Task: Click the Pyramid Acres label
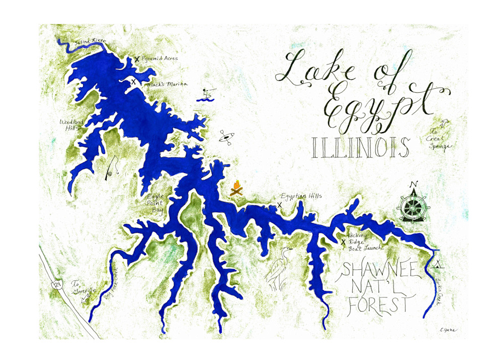pyautogui.click(x=160, y=58)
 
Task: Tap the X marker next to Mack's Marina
pyautogui.click(x=134, y=82)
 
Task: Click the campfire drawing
pyautogui.click(x=236, y=189)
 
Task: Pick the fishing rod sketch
pyautogui.click(x=112, y=168)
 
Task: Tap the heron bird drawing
pyautogui.click(x=279, y=268)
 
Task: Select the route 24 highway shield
pyautogui.click(x=58, y=285)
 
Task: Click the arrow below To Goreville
pyautogui.click(x=85, y=299)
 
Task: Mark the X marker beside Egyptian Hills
pyautogui.click(x=279, y=205)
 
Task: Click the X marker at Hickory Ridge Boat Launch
pyautogui.click(x=344, y=243)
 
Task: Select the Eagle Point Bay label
pyautogui.click(x=152, y=203)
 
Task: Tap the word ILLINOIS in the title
pyautogui.click(x=360, y=147)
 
